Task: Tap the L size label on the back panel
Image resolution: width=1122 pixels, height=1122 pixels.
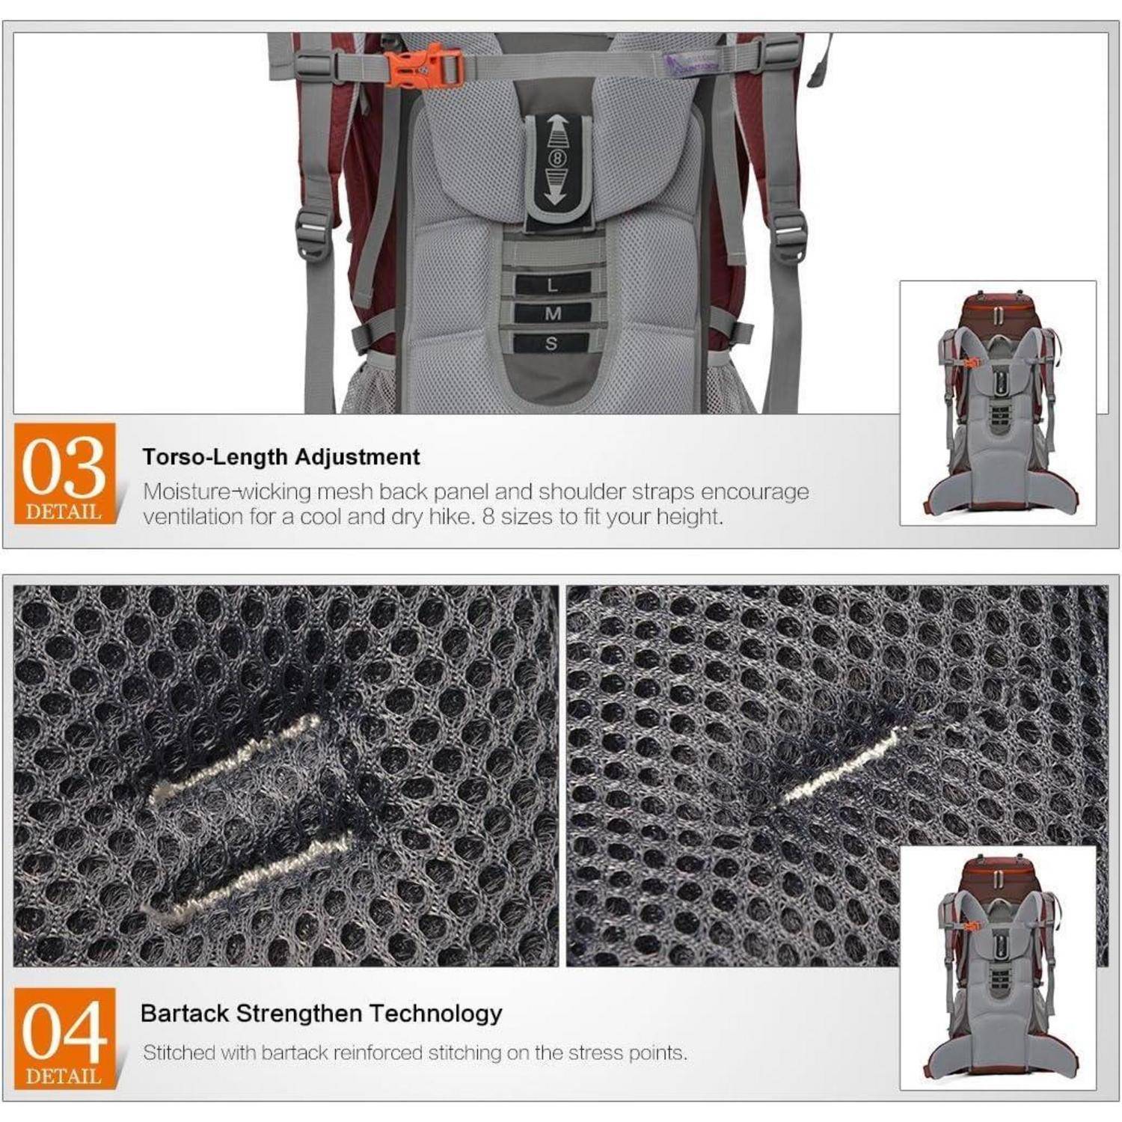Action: click(x=552, y=284)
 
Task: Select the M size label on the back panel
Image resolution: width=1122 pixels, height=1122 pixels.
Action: click(x=552, y=313)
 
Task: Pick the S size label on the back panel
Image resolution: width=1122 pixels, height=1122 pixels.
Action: click(x=552, y=343)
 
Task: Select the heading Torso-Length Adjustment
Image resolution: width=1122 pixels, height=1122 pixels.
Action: click(x=281, y=457)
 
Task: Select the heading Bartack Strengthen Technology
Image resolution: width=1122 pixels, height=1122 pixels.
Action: click(x=322, y=1014)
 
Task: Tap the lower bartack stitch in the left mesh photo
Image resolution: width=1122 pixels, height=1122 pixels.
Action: click(x=247, y=875)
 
